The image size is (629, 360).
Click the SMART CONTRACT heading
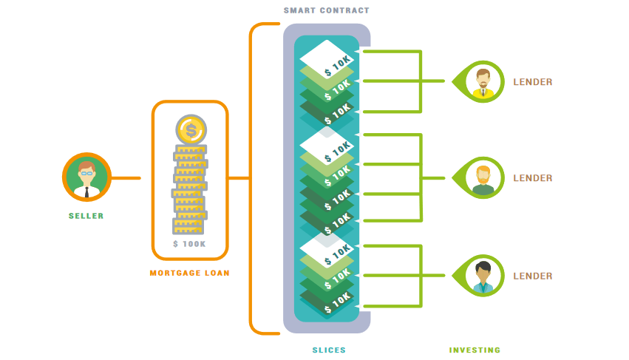[x=326, y=10]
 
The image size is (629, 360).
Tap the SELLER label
[x=86, y=216]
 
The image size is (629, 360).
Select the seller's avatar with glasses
[x=86, y=177]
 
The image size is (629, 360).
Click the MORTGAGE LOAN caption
[x=190, y=273]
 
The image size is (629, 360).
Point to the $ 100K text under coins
[x=189, y=244]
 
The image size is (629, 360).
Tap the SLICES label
[x=328, y=350]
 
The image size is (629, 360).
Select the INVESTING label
[x=475, y=350]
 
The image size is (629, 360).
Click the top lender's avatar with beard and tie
[x=483, y=81]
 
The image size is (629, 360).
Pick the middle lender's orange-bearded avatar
[x=483, y=178]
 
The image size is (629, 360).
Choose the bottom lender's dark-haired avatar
[x=483, y=276]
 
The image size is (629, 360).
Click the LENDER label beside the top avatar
[x=533, y=82]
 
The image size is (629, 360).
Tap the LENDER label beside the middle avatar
[x=533, y=178]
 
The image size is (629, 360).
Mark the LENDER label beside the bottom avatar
[x=533, y=276]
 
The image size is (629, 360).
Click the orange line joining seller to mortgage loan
[x=126, y=178]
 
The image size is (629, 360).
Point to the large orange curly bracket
[x=251, y=178]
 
